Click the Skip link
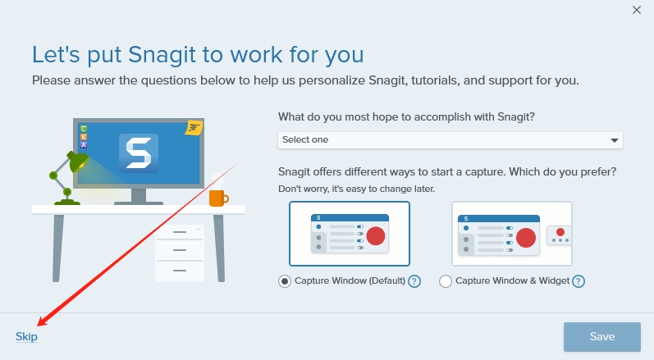pyautogui.click(x=26, y=336)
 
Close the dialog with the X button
pyautogui.click(x=637, y=11)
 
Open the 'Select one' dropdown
pyautogui.click(x=450, y=140)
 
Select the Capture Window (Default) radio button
pyautogui.click(x=285, y=281)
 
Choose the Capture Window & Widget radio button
pyautogui.click(x=446, y=281)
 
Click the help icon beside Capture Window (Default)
pyautogui.click(x=414, y=281)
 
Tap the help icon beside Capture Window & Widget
pyautogui.click(x=579, y=281)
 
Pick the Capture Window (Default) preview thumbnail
pyautogui.click(x=350, y=234)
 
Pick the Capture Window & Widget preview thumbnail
pyautogui.click(x=511, y=234)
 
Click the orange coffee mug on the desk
pyautogui.click(x=217, y=198)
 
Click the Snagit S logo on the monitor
pyautogui.click(x=139, y=153)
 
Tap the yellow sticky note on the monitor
pyautogui.click(x=194, y=128)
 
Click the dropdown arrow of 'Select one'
pyautogui.click(x=614, y=140)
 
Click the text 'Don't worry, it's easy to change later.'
pyautogui.click(x=356, y=189)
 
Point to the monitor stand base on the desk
pyautogui.click(x=139, y=201)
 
